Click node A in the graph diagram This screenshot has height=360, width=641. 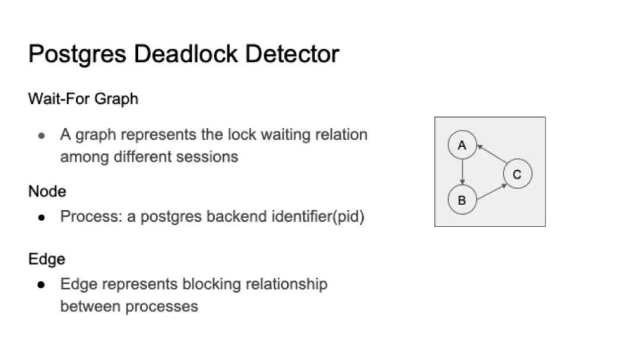pos(462,145)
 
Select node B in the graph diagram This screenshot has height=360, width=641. pos(462,200)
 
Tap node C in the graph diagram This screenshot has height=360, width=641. pos(518,174)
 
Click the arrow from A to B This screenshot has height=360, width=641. pos(462,172)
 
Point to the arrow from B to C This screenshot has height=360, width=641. pos(492,192)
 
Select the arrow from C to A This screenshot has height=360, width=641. pos(492,153)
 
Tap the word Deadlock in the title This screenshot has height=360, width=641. pos(186,53)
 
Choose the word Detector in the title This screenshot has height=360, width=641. pos(292,53)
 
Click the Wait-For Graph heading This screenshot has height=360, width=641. pos(84,99)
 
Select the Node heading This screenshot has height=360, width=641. pos(47,191)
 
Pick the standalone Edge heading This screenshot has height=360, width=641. pos(47,259)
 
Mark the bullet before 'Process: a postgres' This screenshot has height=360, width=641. pos(42,218)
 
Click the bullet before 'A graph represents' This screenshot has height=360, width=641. pos(42,136)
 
